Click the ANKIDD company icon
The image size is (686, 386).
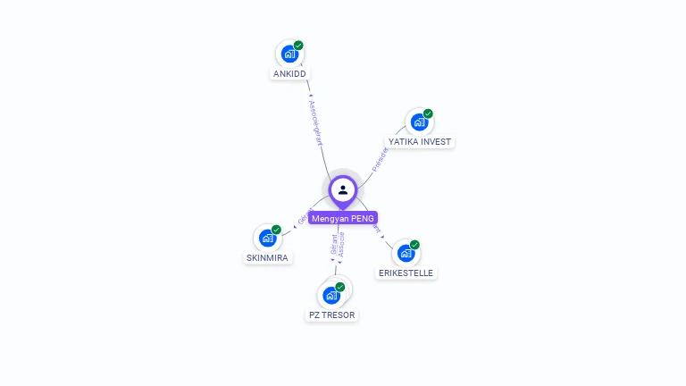[x=289, y=54]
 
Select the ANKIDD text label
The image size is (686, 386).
[x=289, y=73]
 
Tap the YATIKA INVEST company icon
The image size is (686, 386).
[x=418, y=122]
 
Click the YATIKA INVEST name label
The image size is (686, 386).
[x=421, y=142]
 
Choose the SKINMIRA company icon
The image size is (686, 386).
[x=266, y=238]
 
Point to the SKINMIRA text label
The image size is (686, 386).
[x=267, y=257]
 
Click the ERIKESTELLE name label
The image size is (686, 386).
[x=406, y=273]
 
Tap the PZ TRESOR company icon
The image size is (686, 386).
[x=330, y=295]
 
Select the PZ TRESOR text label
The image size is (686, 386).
[x=331, y=315]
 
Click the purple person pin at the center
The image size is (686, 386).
[x=343, y=189]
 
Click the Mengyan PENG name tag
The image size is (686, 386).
[x=343, y=218]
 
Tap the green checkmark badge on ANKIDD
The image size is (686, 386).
[x=298, y=46]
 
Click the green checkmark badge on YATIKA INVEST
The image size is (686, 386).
[x=428, y=114]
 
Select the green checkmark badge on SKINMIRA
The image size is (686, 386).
[x=276, y=230]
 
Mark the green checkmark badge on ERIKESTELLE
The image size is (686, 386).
[x=414, y=245]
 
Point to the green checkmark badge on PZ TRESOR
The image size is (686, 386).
[x=340, y=287]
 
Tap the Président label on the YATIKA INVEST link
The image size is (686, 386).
[x=379, y=159]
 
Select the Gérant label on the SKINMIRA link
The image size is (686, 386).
[x=302, y=216]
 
